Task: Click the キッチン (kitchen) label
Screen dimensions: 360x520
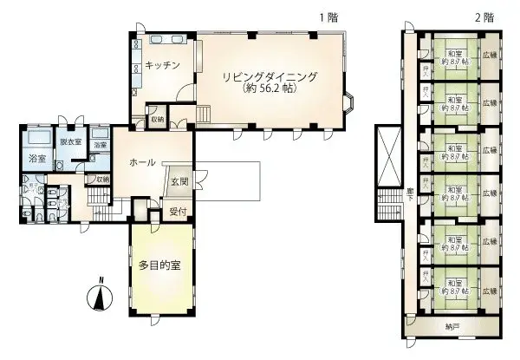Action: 162,66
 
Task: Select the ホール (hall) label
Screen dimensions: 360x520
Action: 141,163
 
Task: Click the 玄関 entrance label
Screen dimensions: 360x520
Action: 180,180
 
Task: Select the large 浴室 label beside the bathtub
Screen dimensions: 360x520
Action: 36,160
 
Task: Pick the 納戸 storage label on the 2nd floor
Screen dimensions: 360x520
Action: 453,327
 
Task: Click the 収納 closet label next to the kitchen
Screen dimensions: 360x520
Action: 156,119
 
